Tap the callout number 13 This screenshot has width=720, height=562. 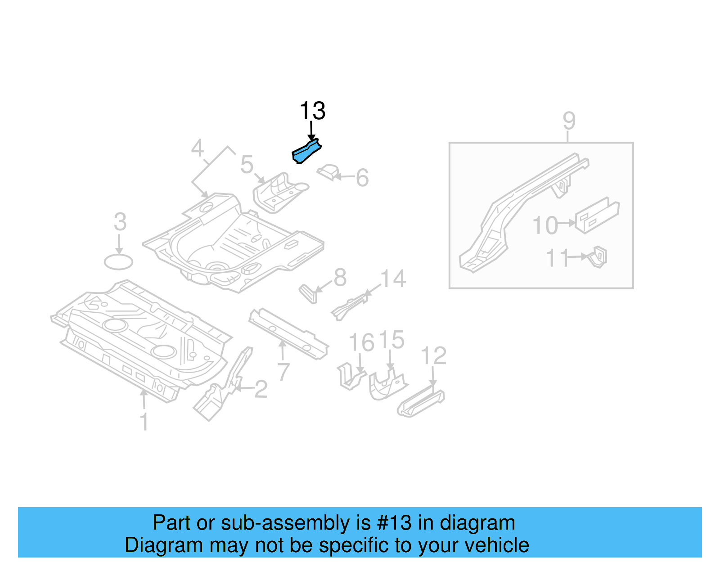(x=312, y=111)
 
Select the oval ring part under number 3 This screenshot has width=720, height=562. (x=118, y=262)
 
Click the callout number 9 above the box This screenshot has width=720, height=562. (x=569, y=121)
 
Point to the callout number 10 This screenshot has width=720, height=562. (x=545, y=225)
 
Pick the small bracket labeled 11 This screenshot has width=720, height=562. (x=598, y=257)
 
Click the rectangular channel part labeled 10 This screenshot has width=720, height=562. (x=598, y=216)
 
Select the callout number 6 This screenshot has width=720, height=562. (x=362, y=178)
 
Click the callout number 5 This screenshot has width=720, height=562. (x=247, y=164)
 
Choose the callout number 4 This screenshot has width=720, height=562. (x=197, y=148)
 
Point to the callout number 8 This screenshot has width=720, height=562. (x=340, y=278)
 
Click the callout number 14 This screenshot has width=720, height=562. (x=393, y=279)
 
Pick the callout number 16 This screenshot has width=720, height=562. (x=361, y=342)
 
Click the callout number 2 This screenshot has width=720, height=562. (x=261, y=389)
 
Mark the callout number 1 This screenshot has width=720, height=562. (x=144, y=422)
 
